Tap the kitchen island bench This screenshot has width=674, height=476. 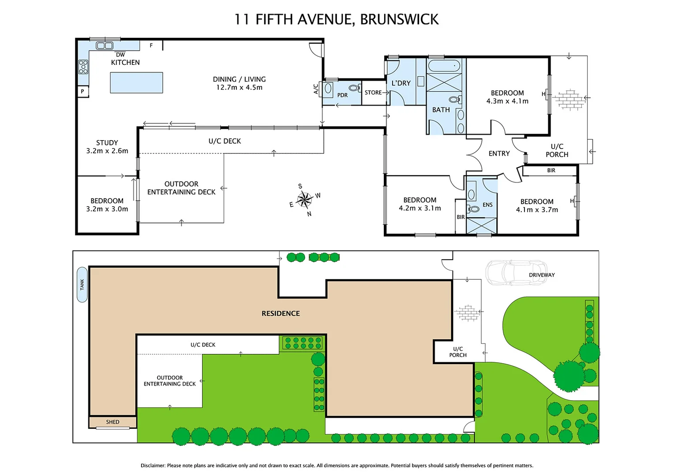pos(136,82)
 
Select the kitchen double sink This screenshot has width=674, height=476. pos(105,45)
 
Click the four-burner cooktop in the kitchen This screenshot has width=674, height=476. pos(83,67)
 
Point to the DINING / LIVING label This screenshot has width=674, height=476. pos(239,79)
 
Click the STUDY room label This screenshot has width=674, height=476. pos(107,143)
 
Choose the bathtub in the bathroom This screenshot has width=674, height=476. pos(444,66)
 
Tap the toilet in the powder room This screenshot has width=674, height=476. pos(354,88)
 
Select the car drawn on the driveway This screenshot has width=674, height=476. pos(516,271)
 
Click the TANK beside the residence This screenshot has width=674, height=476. pos(82,285)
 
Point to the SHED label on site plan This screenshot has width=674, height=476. pos(112,422)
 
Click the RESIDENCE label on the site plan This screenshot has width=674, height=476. pos(281,313)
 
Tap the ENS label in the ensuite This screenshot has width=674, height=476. pos(487,205)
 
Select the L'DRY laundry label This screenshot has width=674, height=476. pos(401,83)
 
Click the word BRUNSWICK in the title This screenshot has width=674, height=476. pos(399,19)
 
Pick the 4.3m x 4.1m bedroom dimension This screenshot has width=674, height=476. pos(507,101)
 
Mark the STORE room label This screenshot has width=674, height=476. pos(373,93)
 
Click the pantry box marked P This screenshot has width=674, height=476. pos(82,92)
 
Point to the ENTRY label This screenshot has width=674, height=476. pos(499,153)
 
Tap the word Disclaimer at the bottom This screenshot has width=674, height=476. pos(153,465)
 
